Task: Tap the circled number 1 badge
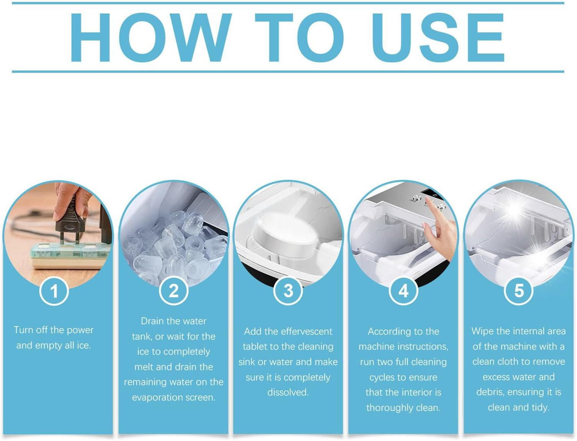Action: pos(54,291)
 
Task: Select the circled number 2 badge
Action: pos(173,291)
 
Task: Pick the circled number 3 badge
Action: pos(288,291)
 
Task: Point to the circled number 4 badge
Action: pos(403,291)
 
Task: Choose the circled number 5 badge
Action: pos(519,291)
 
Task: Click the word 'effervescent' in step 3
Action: pos(305,331)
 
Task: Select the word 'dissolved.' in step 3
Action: pos(288,393)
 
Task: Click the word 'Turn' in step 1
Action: pos(23,330)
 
